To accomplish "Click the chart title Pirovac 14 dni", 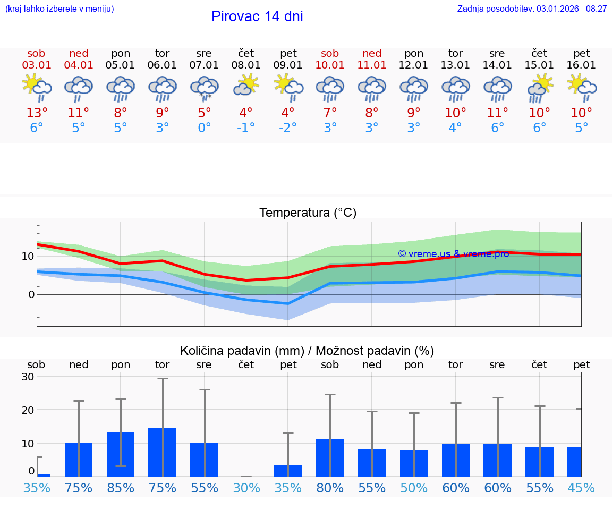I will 257,16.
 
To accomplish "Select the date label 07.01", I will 203,65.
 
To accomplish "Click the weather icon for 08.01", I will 245,85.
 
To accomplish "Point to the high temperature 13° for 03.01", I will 37,113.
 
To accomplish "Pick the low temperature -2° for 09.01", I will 288,128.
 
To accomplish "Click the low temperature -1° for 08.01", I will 246,128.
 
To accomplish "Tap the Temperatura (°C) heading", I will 308,213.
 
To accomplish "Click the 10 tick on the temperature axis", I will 28,256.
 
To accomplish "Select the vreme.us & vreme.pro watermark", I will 453,254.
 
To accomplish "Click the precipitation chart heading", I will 307,351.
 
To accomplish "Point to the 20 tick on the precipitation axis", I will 28,410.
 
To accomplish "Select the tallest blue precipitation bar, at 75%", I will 163,452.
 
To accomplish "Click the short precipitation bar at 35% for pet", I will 288,471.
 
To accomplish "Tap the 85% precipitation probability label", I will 121,488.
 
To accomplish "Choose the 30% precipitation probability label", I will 246,488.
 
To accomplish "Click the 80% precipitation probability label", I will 330,488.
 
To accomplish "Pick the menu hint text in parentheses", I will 59,9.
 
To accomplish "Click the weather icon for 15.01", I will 540,87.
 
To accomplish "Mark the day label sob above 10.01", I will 330,53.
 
